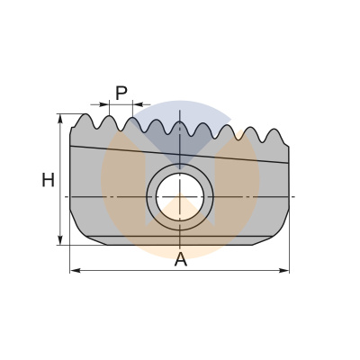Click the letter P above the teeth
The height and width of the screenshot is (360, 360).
click(x=121, y=92)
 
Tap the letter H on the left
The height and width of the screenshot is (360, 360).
click(x=48, y=180)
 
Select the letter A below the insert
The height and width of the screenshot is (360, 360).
click(x=180, y=259)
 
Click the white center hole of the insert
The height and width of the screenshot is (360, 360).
click(x=180, y=195)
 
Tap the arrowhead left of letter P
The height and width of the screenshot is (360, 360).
click(x=104, y=105)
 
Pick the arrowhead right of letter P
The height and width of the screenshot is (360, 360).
click(x=138, y=105)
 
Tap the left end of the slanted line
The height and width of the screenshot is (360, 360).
click(x=70, y=146)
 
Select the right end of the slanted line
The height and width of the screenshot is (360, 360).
click(x=289, y=162)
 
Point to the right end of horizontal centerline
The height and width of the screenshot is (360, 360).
click(x=294, y=195)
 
